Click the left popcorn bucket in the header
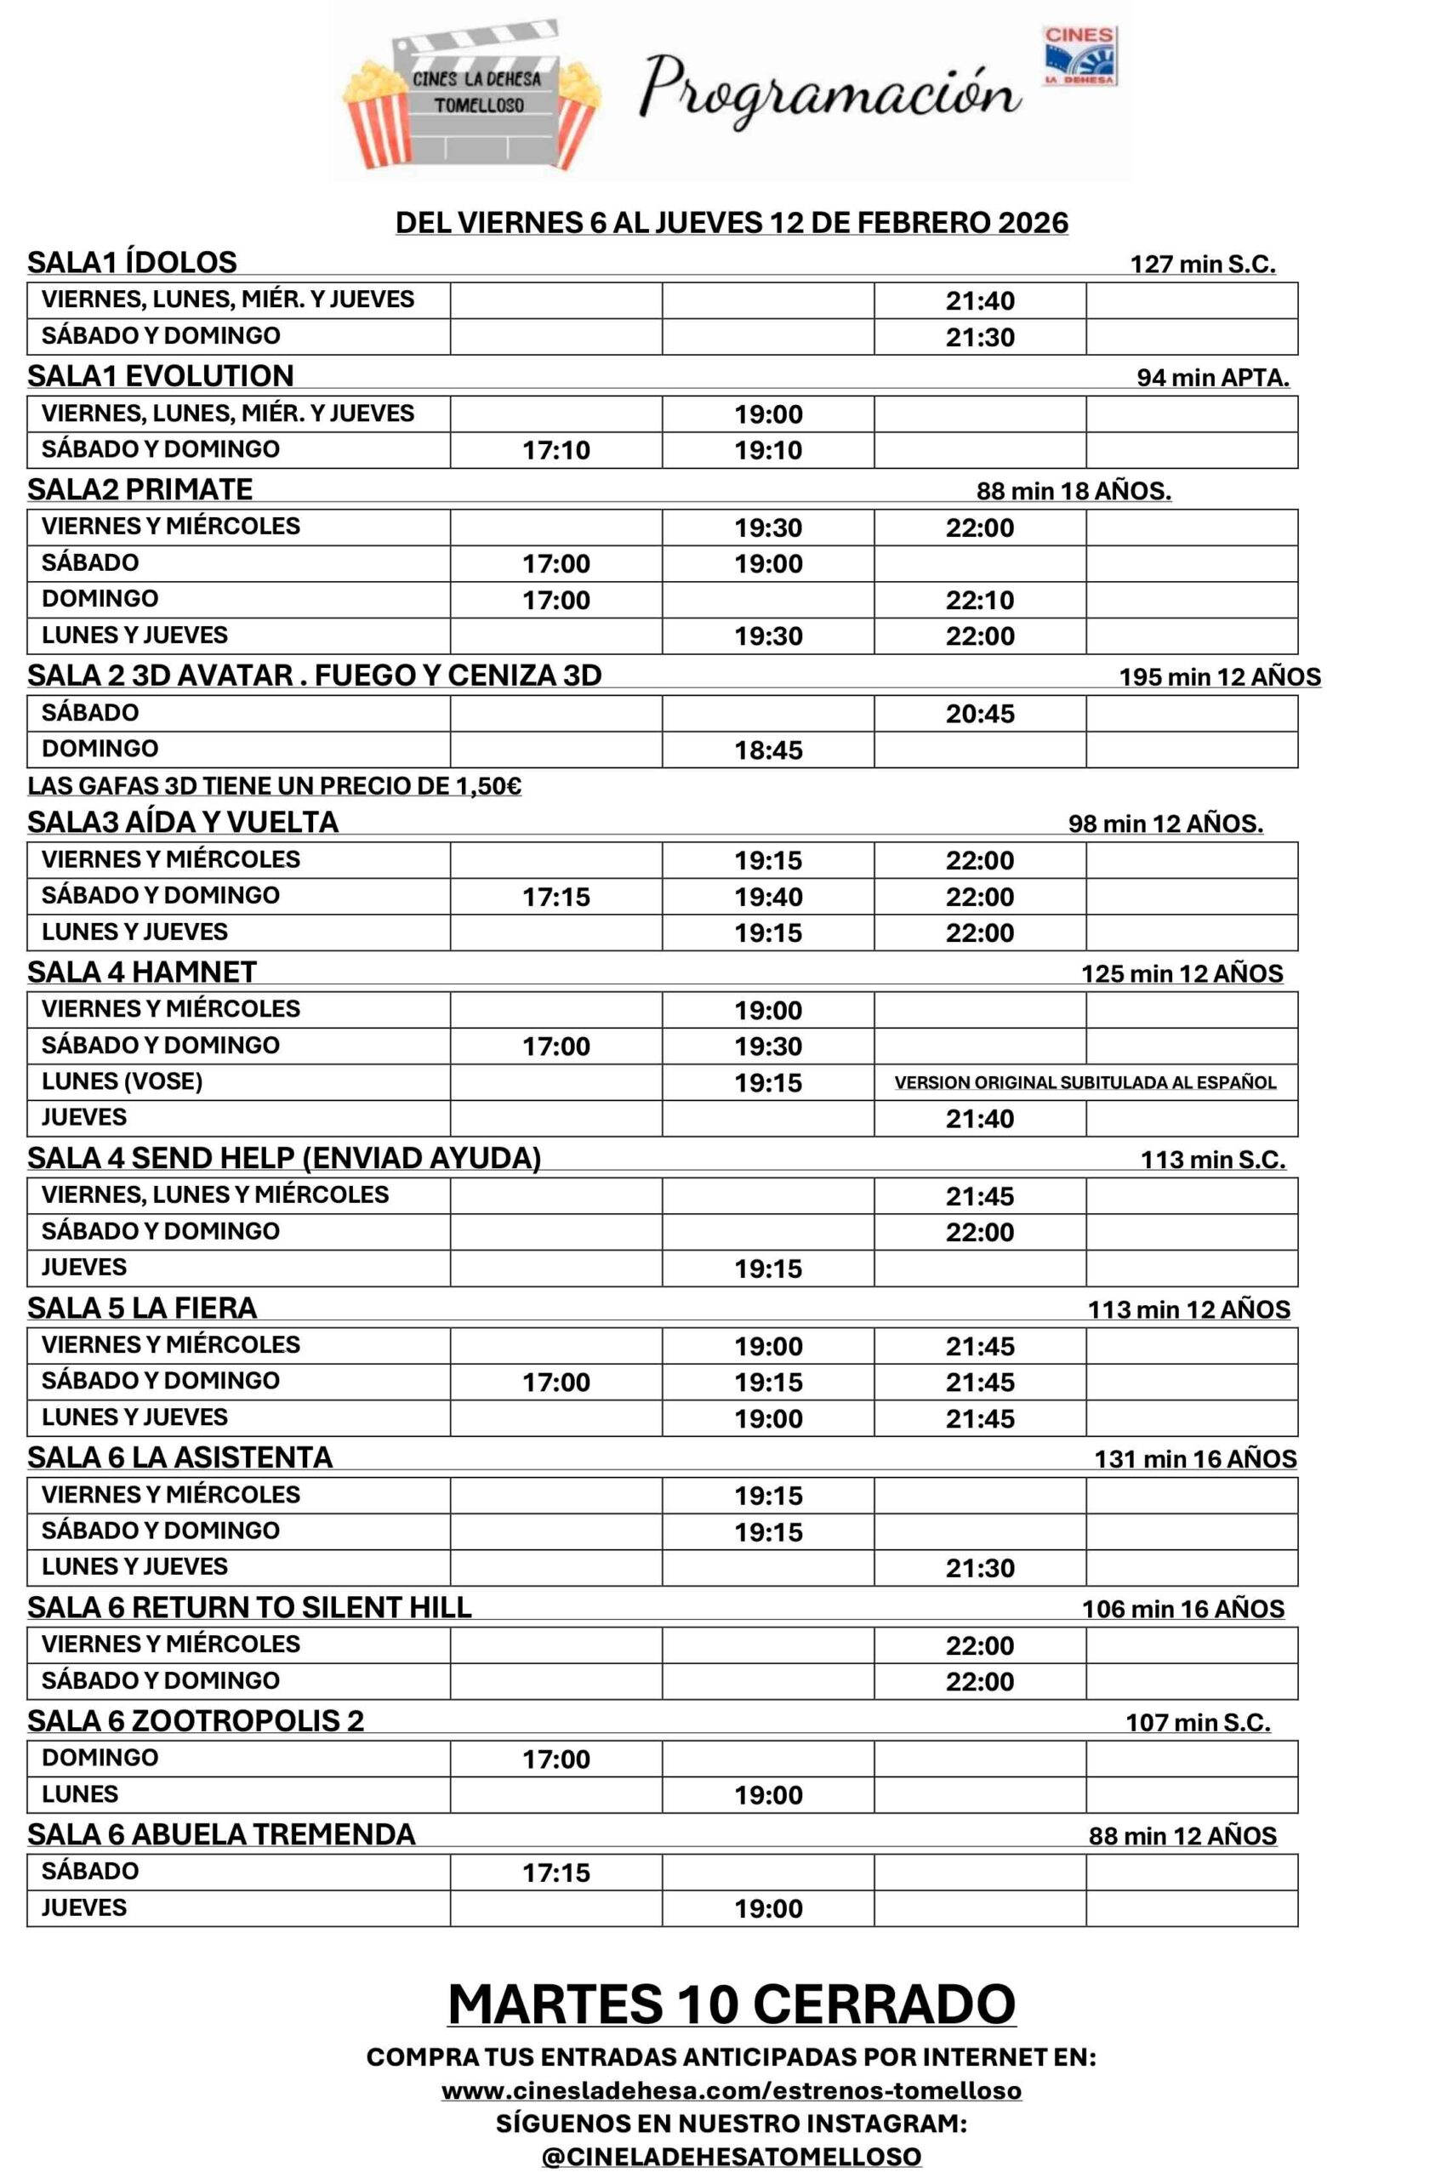[x=376, y=114]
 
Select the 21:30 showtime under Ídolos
[x=980, y=337]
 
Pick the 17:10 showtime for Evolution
[x=556, y=450]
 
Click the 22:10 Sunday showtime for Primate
[x=980, y=600]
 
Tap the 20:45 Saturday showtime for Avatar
[x=980, y=714]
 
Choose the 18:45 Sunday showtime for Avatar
[x=768, y=750]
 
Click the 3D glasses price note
[x=274, y=787]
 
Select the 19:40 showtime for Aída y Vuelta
[x=768, y=897]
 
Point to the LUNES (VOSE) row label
[x=122, y=1080]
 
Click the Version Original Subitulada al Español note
[x=1085, y=1082]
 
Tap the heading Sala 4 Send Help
[x=284, y=1158]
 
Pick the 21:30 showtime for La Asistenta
[x=980, y=1568]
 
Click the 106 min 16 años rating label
[x=1182, y=1609]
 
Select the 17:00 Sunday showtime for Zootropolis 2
[x=556, y=1759]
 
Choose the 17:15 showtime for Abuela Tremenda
[x=556, y=1873]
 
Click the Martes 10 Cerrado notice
[x=732, y=2004]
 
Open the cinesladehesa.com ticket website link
[x=732, y=2090]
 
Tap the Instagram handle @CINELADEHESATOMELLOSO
[x=732, y=2157]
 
